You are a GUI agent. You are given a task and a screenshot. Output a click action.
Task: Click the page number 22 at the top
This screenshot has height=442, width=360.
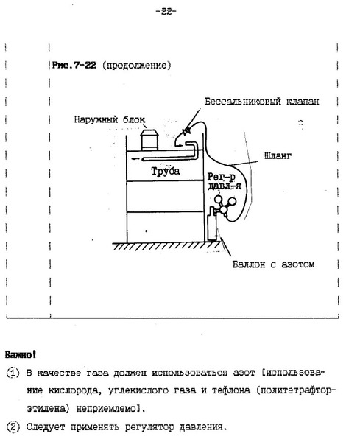(x=166, y=12)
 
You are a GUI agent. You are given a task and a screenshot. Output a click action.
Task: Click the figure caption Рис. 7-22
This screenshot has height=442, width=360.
(x=74, y=65)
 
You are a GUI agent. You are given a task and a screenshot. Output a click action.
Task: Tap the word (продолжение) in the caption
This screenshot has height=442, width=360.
(x=137, y=66)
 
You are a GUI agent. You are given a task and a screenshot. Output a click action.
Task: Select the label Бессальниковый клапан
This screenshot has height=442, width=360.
(x=261, y=102)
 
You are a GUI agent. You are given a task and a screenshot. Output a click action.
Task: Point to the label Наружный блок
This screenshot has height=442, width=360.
(x=110, y=119)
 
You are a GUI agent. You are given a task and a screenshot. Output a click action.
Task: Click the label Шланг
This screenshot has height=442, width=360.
(x=278, y=155)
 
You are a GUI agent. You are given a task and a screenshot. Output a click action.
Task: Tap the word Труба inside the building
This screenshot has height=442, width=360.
(x=166, y=171)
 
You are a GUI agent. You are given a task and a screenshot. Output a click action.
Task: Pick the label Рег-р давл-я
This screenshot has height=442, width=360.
(x=224, y=181)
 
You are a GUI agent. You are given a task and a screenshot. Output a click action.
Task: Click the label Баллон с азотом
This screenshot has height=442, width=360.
(x=273, y=264)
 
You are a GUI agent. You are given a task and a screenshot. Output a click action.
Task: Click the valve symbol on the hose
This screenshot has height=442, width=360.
(x=186, y=131)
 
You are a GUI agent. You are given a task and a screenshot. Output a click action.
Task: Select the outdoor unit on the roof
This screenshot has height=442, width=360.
(x=149, y=139)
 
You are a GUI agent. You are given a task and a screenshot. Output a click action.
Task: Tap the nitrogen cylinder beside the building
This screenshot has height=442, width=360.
(x=212, y=225)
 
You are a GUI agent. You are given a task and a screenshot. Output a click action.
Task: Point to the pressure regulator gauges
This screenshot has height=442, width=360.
(x=225, y=205)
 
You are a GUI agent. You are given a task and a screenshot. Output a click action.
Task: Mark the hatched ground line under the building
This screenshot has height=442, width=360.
(x=166, y=246)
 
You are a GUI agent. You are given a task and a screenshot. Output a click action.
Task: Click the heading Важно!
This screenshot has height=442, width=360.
(x=21, y=354)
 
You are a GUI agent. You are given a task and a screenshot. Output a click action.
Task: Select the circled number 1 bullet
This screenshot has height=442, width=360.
(x=13, y=373)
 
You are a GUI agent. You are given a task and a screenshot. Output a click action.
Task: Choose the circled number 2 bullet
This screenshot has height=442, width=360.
(x=13, y=427)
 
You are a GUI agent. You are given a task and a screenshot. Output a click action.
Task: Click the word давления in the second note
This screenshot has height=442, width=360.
(x=202, y=427)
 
